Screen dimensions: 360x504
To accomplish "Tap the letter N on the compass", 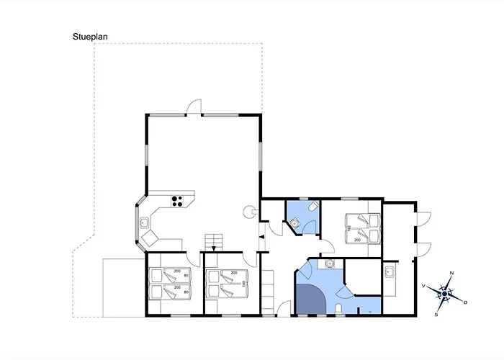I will (x=451, y=273).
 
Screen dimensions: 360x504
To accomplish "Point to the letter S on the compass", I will (x=437, y=315).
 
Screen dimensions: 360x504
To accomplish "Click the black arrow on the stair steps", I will (x=213, y=248).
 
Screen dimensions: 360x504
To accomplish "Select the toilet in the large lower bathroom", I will (x=338, y=310).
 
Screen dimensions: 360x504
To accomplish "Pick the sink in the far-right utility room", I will (x=390, y=272).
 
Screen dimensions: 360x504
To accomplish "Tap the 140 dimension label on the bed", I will (x=246, y=283).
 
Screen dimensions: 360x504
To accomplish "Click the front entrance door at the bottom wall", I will (x=284, y=310).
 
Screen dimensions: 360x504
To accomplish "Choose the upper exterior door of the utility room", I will (x=425, y=218).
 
